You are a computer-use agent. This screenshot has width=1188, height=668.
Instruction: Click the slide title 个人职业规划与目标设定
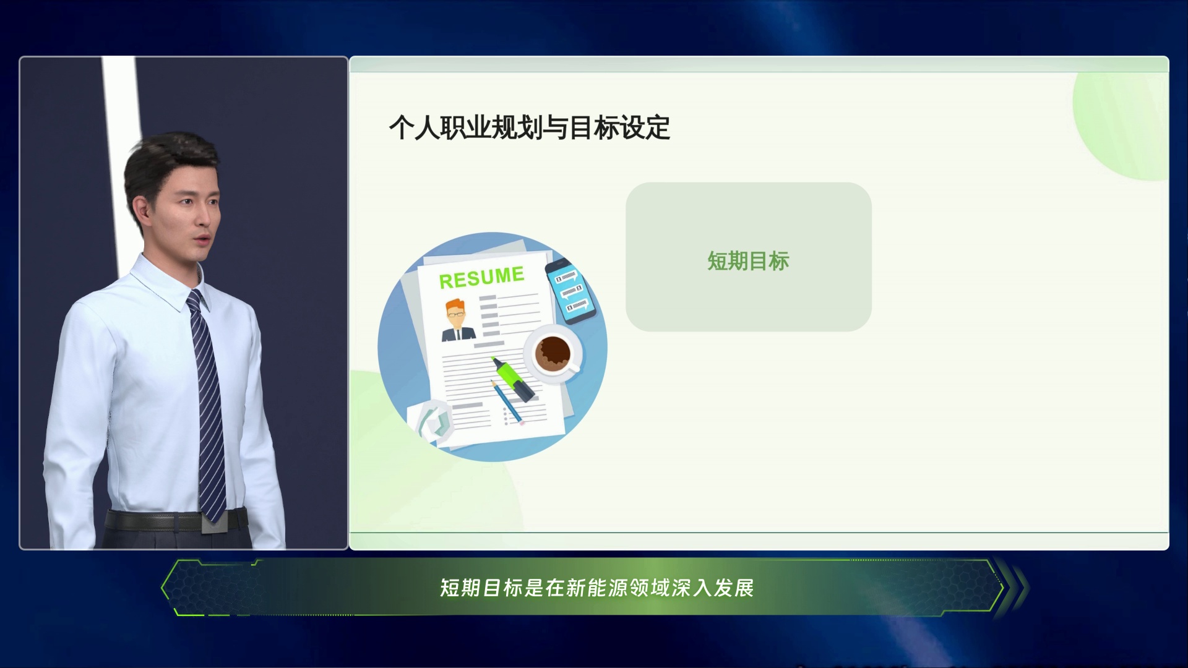pos(530,127)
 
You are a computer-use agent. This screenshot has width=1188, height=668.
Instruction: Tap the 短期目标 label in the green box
pos(748,261)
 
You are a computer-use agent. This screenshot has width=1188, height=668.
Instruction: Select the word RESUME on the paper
pos(481,277)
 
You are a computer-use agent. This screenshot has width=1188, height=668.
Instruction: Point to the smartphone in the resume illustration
pos(570,291)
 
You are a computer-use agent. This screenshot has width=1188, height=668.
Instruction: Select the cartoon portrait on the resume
pos(458,320)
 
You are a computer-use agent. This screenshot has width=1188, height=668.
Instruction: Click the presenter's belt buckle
pos(215,521)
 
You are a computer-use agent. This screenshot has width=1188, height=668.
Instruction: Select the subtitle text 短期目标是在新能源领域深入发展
pos(596,588)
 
